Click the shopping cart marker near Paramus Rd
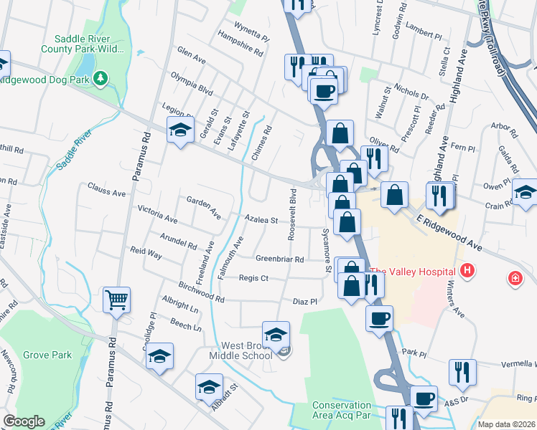pyautogui.click(x=116, y=300)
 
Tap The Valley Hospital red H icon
pyautogui.click(x=467, y=271)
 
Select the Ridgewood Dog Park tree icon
pyautogui.click(x=101, y=77)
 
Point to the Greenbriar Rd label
pyautogui.click(x=280, y=259)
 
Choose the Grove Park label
pyautogui.click(x=47, y=355)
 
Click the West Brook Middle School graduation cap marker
pyautogui.click(x=276, y=335)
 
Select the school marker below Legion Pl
pyautogui.click(x=179, y=130)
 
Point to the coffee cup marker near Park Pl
pyautogui.click(x=379, y=318)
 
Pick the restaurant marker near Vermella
pyautogui.click(x=462, y=371)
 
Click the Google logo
pyautogui.click(x=24, y=421)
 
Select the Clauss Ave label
pyautogui.click(x=106, y=193)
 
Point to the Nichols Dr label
pyautogui.click(x=411, y=95)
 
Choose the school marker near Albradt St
pyautogui.click(x=209, y=387)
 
